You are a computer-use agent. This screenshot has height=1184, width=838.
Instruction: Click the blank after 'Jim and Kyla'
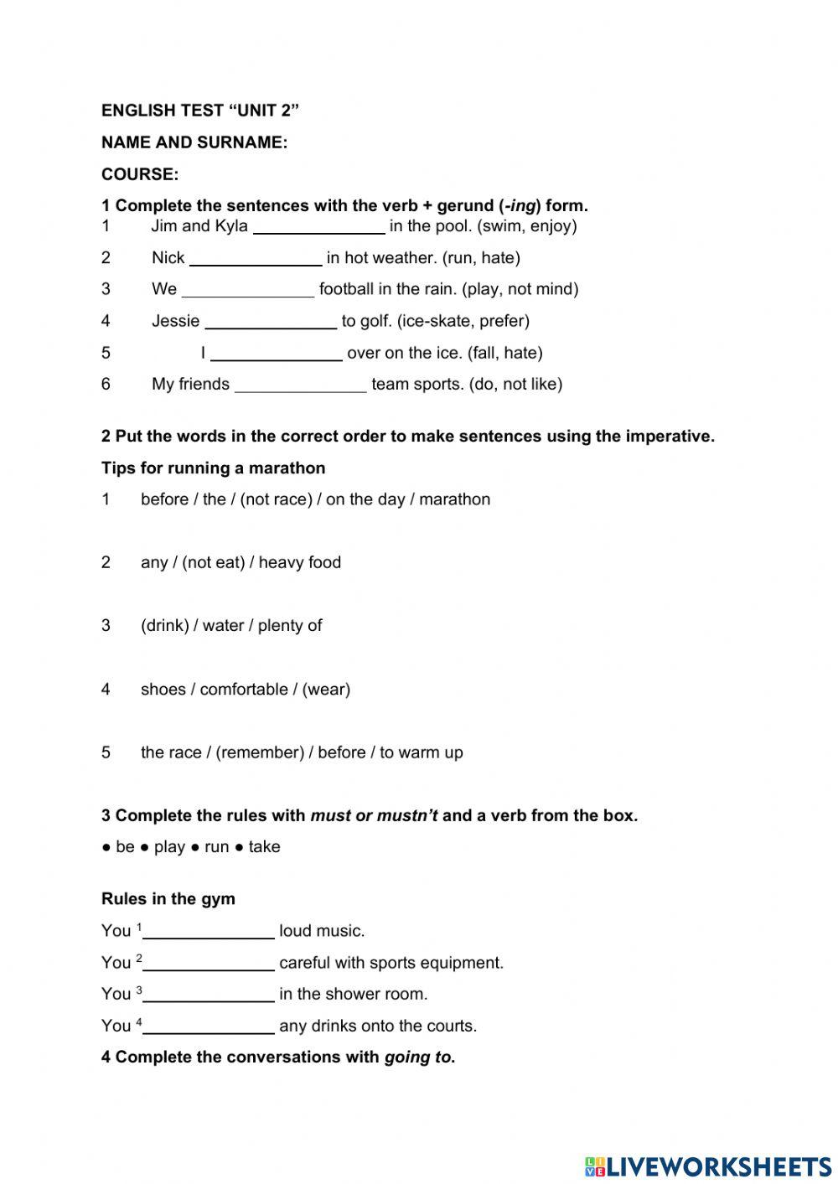[318, 227]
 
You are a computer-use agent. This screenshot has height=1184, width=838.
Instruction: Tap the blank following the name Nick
[256, 259]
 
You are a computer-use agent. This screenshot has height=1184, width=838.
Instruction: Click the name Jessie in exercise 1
[175, 321]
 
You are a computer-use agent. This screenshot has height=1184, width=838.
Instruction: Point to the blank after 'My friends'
[300, 385]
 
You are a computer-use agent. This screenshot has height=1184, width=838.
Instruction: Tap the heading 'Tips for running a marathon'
[213, 468]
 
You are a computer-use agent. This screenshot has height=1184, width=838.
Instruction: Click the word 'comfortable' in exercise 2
[244, 690]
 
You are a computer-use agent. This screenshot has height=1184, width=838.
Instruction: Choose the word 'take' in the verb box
[264, 847]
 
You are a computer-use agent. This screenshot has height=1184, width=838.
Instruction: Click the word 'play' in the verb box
[169, 847]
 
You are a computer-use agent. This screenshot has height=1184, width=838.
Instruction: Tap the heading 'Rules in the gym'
[168, 899]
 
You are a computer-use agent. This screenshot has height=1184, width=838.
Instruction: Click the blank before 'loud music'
[208, 932]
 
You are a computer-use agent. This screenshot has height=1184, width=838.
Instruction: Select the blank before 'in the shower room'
[208, 995]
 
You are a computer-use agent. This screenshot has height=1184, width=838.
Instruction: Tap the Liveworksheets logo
[707, 1166]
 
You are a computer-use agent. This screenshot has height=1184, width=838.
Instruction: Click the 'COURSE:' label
[140, 174]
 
